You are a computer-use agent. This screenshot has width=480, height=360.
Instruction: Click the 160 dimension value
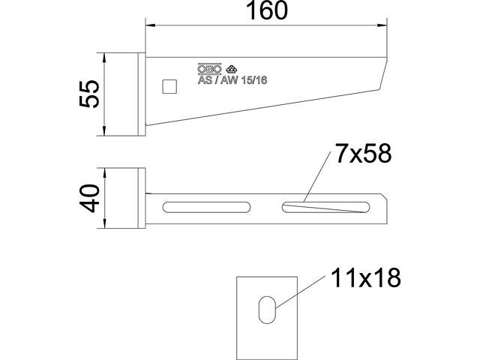(267, 10)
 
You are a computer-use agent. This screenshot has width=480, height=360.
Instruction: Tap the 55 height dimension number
(89, 94)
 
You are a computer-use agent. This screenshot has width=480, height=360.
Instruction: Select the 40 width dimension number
(90, 198)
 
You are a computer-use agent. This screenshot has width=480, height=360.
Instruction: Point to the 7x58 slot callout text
(363, 153)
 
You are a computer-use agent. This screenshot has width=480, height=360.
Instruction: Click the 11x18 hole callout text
(366, 277)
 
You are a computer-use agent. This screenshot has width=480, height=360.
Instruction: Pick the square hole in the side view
(169, 86)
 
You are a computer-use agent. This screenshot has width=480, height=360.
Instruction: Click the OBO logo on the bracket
(209, 70)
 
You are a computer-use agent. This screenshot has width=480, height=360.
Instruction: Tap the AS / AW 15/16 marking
(232, 80)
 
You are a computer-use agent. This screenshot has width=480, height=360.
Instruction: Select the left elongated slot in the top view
(206, 207)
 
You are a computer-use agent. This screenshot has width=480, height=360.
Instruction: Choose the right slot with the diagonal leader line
(325, 207)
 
